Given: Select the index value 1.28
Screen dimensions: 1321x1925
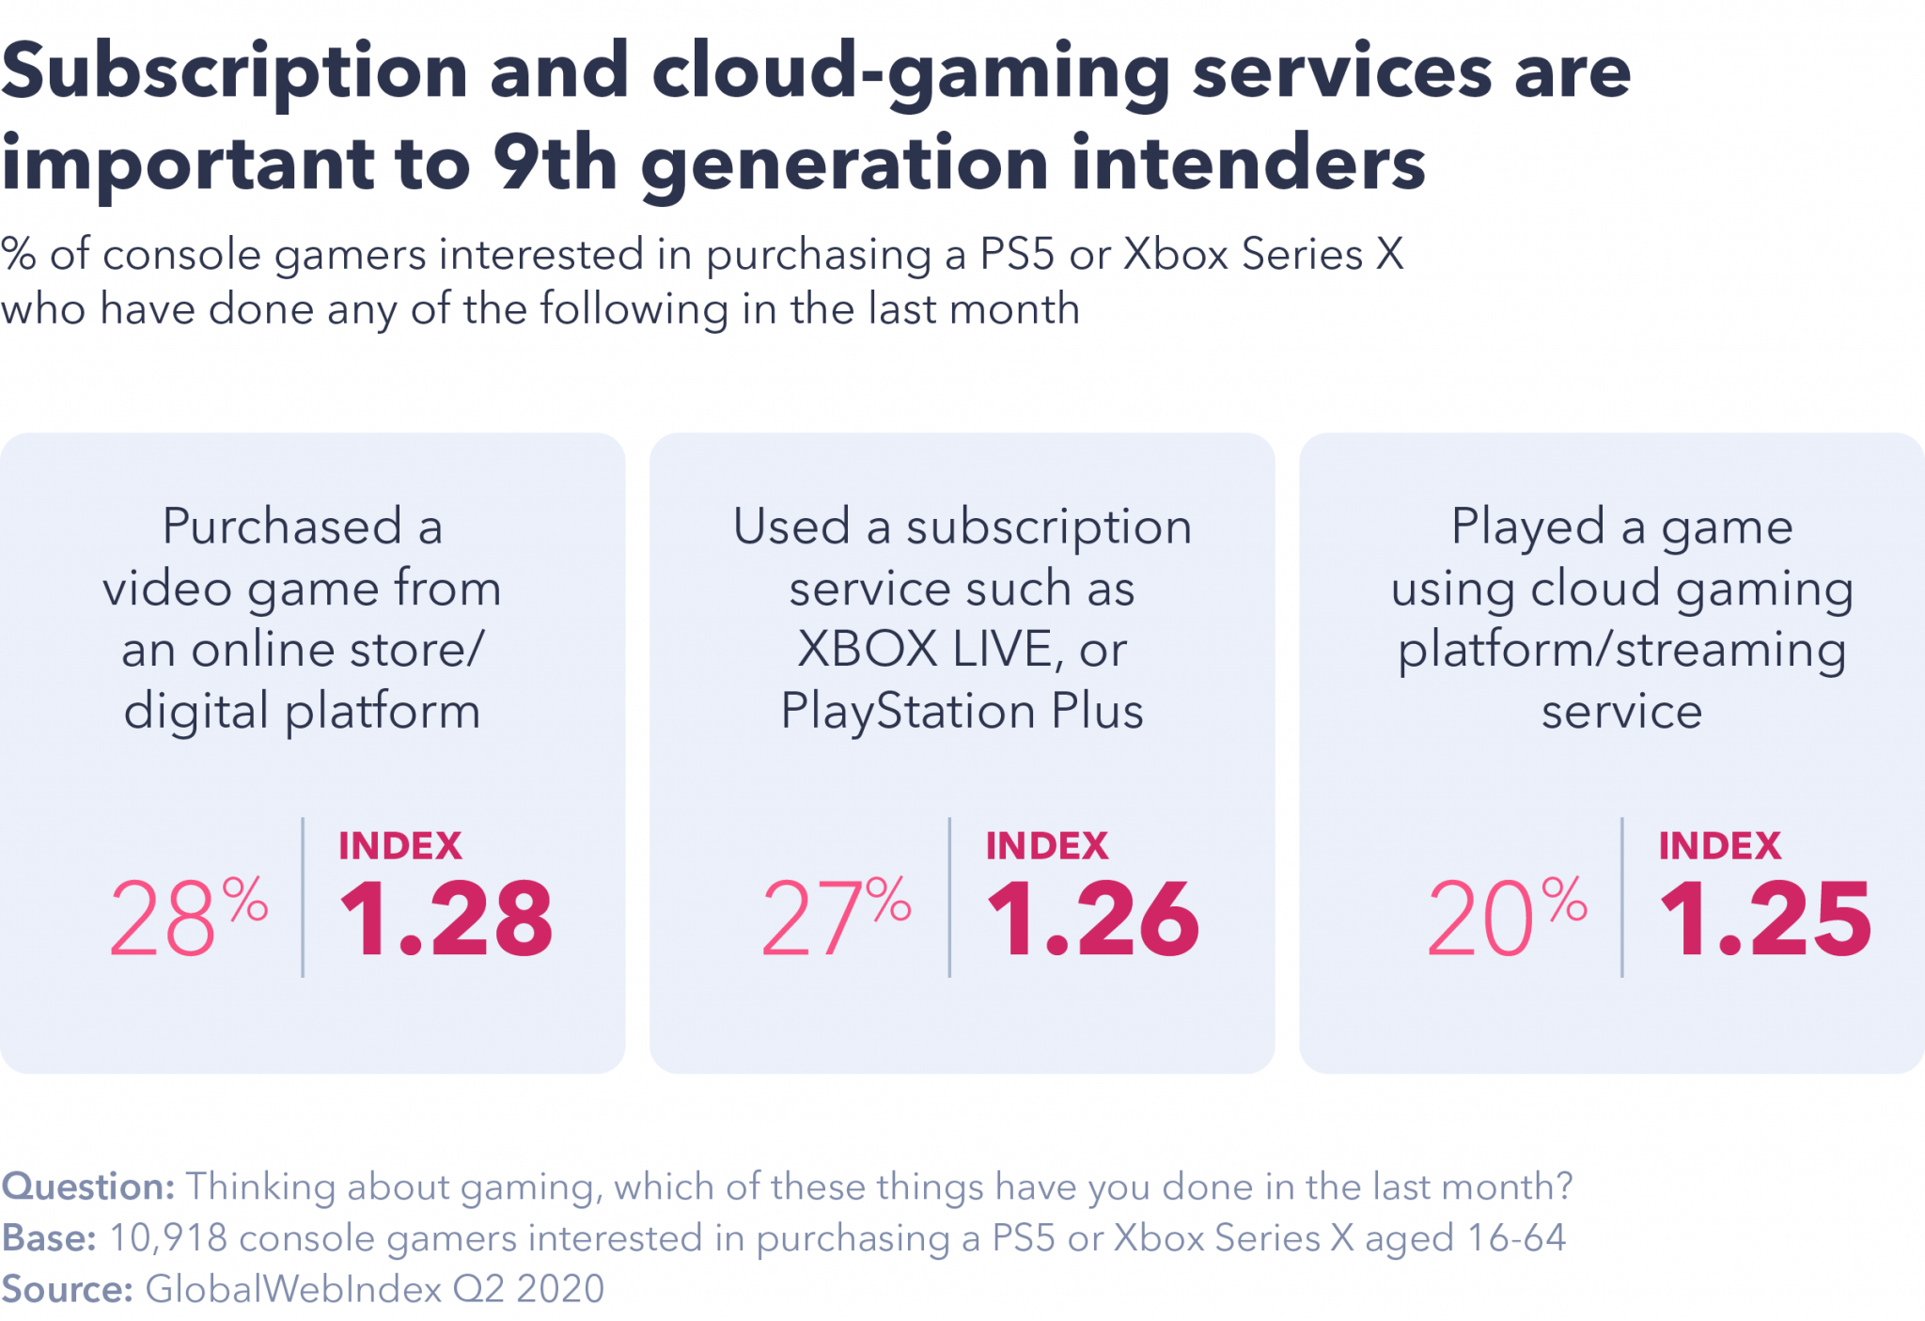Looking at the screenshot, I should [x=446, y=920].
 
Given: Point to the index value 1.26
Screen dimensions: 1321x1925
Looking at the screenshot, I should [x=1092, y=920].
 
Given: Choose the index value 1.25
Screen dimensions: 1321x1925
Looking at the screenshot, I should [x=1765, y=920].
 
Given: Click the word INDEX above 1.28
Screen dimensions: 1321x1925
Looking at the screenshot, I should [x=400, y=846].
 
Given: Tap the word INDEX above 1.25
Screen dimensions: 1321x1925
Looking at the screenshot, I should [x=1719, y=846].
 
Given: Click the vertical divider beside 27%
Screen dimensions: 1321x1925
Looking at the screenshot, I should [x=949, y=897].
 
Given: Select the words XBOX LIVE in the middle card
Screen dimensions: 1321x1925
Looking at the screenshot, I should [x=924, y=650].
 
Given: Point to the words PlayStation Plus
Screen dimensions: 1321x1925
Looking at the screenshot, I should [x=962, y=711].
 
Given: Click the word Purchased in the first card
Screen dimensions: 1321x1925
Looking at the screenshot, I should [x=282, y=526].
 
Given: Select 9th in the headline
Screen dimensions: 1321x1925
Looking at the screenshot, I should [x=555, y=163].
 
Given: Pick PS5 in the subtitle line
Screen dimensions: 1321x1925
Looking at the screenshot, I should [x=1017, y=254].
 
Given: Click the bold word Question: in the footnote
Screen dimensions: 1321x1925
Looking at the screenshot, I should [x=88, y=1187].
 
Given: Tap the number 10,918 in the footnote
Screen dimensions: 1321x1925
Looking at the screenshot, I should [x=168, y=1237].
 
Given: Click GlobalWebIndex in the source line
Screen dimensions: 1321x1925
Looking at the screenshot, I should [x=293, y=1288].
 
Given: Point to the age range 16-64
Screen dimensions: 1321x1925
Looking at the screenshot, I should [x=1515, y=1237].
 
